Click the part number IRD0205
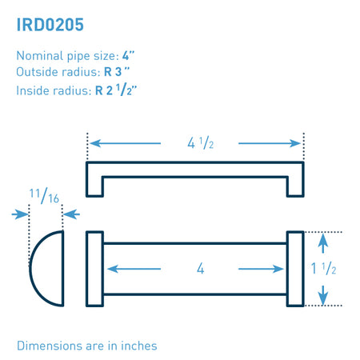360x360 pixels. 50,25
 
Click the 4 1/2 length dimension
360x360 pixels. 201,143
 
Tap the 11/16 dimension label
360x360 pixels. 44,196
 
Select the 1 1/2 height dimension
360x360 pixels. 323,268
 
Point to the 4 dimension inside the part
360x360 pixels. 201,268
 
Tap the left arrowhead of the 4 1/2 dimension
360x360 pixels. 95,143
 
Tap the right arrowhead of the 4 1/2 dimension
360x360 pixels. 295,143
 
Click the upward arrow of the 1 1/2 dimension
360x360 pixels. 323,243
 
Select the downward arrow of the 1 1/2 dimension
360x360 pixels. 323,295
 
